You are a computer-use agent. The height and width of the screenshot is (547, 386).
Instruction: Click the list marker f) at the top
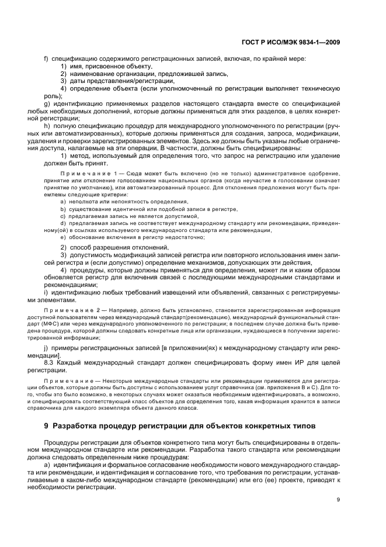tap(47, 59)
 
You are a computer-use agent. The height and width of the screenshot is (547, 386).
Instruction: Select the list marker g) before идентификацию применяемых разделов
tap(47, 103)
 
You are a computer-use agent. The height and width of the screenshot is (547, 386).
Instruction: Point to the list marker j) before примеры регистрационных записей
tap(46, 348)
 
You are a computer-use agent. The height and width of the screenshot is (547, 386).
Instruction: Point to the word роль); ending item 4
tap(53, 95)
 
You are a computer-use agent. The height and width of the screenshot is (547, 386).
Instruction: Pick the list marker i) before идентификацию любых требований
tap(46, 292)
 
